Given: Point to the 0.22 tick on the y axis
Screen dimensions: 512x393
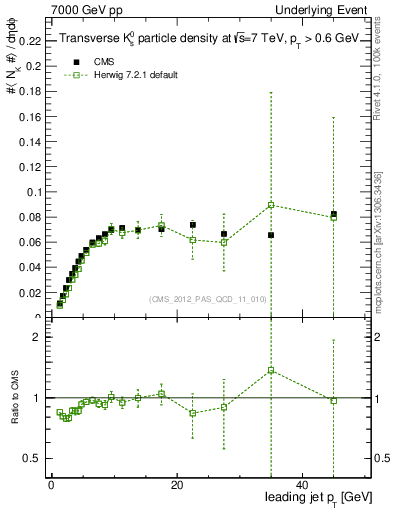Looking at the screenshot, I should point(29,41).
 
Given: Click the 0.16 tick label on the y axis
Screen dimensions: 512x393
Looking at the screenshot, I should point(29,116).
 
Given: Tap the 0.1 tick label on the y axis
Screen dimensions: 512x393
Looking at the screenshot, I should point(32,192).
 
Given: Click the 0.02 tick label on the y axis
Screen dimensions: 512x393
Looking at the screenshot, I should point(29,293).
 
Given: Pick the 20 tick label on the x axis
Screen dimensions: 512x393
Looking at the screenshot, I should point(176,486).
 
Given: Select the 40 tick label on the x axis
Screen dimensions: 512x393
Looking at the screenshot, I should point(302,486).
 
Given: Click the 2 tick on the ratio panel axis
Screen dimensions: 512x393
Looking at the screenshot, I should point(37,337).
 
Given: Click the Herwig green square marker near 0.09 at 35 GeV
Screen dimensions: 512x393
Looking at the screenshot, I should point(271,205).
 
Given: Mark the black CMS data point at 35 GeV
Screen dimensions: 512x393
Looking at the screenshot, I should point(271,235).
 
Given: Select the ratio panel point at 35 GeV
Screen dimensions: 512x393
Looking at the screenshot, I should point(271,370).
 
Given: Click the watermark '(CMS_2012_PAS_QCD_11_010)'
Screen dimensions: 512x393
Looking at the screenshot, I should point(207,298).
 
